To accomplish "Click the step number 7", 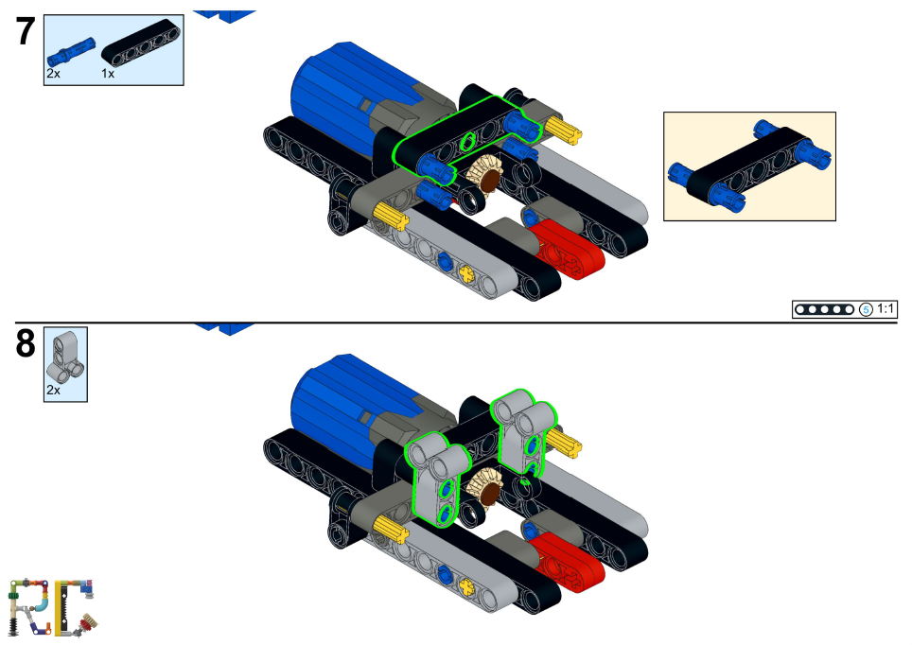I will (26, 32).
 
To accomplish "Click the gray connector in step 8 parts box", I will (65, 354).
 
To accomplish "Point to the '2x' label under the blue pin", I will (53, 73).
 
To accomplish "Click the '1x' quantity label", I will (108, 73).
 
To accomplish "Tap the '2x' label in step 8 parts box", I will (53, 390).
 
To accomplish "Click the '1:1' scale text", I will (886, 309).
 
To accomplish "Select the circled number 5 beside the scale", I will (865, 309).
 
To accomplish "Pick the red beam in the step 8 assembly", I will (568, 560).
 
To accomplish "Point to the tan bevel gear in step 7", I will (486, 176).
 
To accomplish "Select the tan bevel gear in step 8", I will (486, 486).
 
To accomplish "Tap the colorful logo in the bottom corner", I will (53, 605).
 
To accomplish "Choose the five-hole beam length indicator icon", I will (824, 309).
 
